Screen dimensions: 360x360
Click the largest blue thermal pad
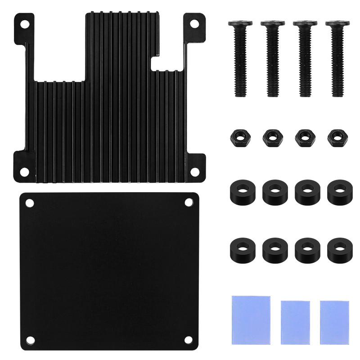tap(251, 319)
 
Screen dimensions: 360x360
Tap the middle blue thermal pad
tap(295, 322)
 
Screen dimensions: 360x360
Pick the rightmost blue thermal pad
tap(334, 322)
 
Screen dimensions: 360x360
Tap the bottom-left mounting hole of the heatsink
tap(26, 171)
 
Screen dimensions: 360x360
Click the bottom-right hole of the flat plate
tap(189, 339)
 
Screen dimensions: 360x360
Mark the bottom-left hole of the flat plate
tap(30, 339)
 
